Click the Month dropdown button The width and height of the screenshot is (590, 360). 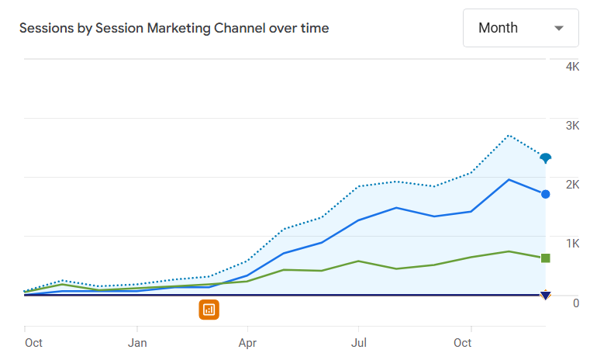[x=520, y=28]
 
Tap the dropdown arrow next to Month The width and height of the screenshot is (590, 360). [x=559, y=29]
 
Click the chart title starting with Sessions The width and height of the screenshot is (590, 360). [x=174, y=28]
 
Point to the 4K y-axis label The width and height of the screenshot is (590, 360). [x=572, y=67]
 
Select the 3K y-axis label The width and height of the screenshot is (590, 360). [x=572, y=126]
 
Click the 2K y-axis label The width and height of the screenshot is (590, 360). [x=572, y=185]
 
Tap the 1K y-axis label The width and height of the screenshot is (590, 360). [x=572, y=244]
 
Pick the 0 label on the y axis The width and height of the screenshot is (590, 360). [x=575, y=303]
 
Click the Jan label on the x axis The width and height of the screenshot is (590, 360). [x=137, y=342]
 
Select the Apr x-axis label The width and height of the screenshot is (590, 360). [x=248, y=342]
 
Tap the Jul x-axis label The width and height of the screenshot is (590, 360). [x=359, y=342]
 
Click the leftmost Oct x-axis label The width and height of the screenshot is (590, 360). [x=33, y=342]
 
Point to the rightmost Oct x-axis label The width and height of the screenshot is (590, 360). [x=463, y=342]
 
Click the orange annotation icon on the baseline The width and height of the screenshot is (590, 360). [x=209, y=310]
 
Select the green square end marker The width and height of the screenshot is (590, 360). [x=546, y=258]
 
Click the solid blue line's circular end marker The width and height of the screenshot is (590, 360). [x=546, y=194]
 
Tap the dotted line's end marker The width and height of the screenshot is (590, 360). [x=546, y=158]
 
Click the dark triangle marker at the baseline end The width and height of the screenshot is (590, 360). [x=546, y=295]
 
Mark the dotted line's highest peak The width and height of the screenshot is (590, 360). [x=509, y=135]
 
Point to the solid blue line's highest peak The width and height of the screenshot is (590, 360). [x=509, y=179]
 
